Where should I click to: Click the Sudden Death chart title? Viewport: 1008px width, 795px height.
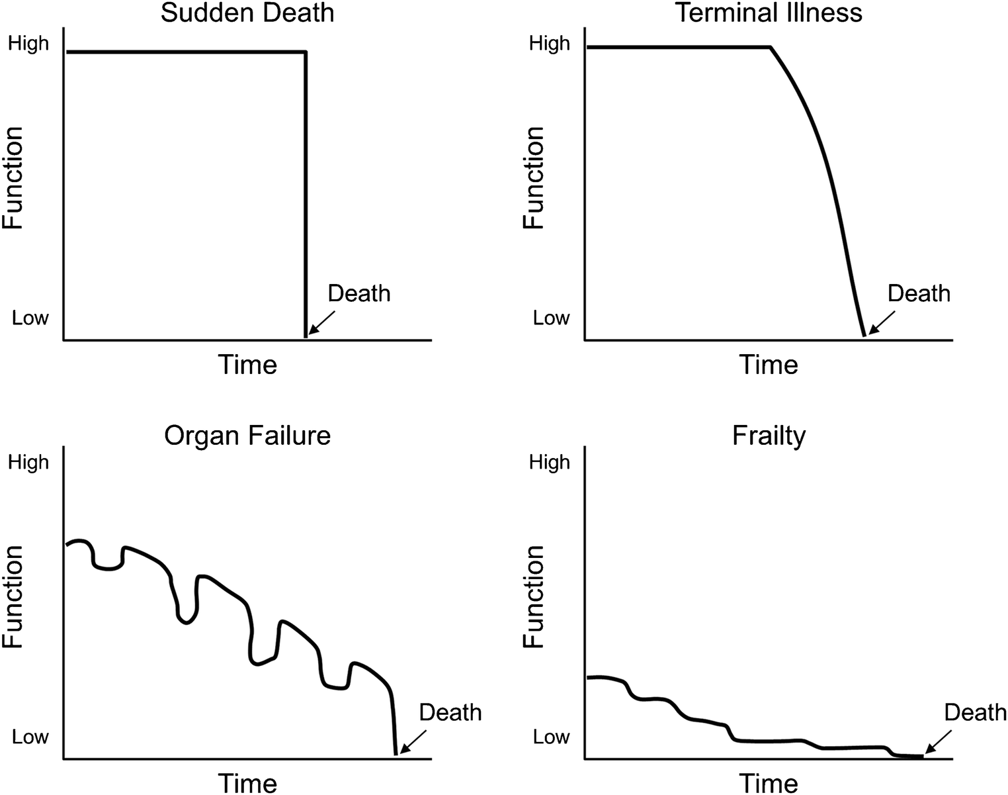[247, 13]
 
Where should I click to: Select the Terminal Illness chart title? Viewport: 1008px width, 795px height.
[769, 13]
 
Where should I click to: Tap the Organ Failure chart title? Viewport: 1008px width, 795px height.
[247, 436]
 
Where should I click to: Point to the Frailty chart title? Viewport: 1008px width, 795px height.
[769, 436]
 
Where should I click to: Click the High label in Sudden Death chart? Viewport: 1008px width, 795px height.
[28, 44]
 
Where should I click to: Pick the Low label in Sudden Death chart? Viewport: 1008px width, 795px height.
[30, 318]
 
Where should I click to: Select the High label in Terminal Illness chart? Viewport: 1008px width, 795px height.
[550, 44]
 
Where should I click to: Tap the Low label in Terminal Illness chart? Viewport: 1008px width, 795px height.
[551, 318]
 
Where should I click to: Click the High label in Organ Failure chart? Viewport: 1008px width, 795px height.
[28, 462]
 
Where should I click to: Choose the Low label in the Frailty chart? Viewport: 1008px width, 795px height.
[551, 737]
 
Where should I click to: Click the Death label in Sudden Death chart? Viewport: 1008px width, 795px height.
[359, 293]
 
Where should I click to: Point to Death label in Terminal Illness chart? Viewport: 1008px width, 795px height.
[919, 293]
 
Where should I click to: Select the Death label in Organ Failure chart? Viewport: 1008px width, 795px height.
[450, 712]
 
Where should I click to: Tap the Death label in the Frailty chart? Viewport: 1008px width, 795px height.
[975, 712]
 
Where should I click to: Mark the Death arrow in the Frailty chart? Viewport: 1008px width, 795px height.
[938, 741]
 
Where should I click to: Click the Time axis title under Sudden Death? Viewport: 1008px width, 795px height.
[247, 365]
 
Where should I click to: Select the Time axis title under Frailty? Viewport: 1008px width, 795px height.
[769, 783]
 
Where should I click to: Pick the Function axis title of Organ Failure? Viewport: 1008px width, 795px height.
[14, 597]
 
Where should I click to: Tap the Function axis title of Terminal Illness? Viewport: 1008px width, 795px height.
[534, 178]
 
